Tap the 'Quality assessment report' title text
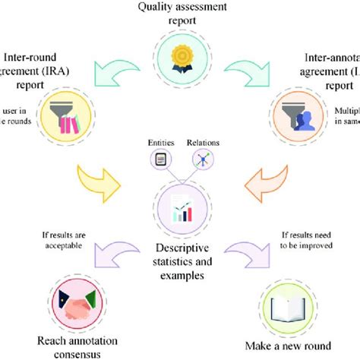coord(180,14)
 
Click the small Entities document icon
coord(159,159)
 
